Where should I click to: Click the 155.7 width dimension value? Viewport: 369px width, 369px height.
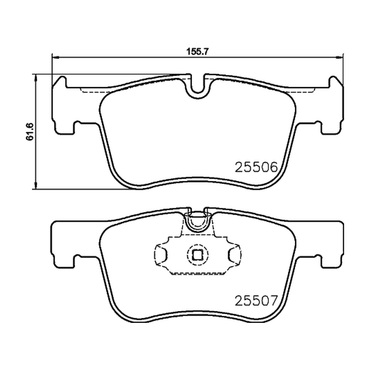click(x=198, y=52)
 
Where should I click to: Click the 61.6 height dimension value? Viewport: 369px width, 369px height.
click(x=30, y=132)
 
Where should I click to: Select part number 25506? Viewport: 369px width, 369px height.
click(x=256, y=167)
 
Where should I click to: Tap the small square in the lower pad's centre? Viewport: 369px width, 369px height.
click(x=197, y=255)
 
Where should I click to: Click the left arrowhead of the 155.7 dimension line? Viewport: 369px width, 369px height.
click(x=55, y=57)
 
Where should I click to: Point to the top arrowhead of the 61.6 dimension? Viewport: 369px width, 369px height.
click(x=36, y=77)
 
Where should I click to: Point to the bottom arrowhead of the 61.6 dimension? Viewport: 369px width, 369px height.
click(x=36, y=186)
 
